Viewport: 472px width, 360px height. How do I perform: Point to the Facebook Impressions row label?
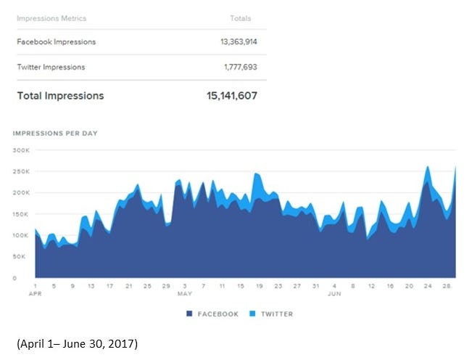pos(56,42)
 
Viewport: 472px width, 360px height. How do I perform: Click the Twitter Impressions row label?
pos(51,67)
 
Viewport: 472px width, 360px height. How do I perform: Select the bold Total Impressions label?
pos(60,96)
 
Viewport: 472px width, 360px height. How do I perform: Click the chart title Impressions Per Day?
pos(55,133)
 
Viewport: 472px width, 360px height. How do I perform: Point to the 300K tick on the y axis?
pos(20,150)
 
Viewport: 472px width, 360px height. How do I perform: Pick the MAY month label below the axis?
pos(184,294)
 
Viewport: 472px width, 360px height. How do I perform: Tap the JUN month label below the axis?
pos(334,294)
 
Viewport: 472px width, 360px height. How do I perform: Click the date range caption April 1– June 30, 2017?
pos(77,343)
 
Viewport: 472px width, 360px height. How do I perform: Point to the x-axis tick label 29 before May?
pos(166,286)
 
